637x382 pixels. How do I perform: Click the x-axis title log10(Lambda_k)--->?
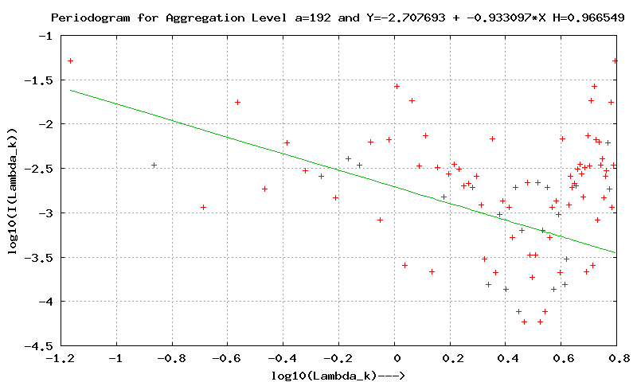click(339, 375)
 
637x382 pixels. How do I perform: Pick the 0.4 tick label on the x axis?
click(506, 358)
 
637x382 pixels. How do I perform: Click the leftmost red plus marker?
click(70, 60)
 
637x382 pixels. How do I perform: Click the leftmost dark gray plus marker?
click(154, 165)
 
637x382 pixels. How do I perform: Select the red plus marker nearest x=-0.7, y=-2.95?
click(203, 207)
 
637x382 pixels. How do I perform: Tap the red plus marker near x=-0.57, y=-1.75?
click(237, 102)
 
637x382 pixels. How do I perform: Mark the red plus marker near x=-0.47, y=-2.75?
click(264, 189)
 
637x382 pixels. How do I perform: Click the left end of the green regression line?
click(71, 90)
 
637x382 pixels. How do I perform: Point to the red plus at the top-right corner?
click(615, 60)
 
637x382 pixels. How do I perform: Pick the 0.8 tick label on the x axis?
click(616, 358)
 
